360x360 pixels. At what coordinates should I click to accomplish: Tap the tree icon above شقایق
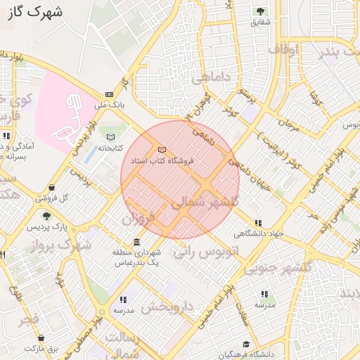261,11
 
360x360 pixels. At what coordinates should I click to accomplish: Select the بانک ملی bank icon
109,94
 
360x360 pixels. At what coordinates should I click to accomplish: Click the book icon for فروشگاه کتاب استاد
163,150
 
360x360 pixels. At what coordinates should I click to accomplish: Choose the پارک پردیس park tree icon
46,217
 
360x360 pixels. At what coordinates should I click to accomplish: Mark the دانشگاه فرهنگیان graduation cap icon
246,344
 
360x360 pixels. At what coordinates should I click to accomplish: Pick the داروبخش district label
167,307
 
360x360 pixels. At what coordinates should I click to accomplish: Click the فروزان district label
137,219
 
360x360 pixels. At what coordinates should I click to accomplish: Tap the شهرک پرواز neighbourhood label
61,245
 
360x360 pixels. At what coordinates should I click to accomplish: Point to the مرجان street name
288,122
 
